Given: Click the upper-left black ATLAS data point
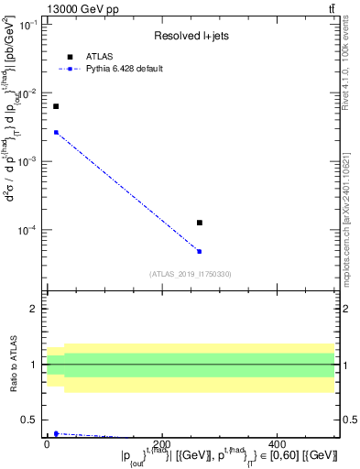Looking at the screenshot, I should coord(56,106).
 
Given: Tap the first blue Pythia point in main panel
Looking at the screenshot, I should coord(56,132).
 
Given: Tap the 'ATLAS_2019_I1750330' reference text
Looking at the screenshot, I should coord(191,274).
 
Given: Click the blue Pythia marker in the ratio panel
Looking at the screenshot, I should coord(56,433).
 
